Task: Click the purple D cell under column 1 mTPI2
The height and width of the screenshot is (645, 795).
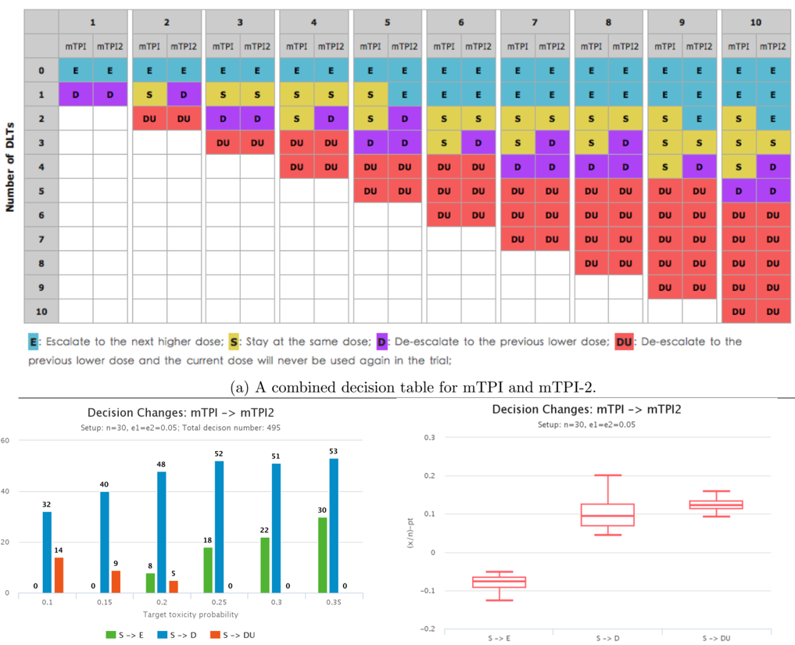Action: click(x=109, y=95)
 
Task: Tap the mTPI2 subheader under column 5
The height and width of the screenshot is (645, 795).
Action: click(x=404, y=46)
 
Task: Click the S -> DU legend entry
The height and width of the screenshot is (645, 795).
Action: click(x=235, y=634)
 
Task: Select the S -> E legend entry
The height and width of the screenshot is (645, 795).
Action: click(x=125, y=634)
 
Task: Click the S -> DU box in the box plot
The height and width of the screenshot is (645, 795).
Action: click(x=716, y=504)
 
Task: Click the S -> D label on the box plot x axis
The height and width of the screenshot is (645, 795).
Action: click(x=608, y=639)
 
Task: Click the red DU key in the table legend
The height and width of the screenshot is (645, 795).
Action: click(x=624, y=342)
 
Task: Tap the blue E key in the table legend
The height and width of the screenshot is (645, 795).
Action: click(x=34, y=342)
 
